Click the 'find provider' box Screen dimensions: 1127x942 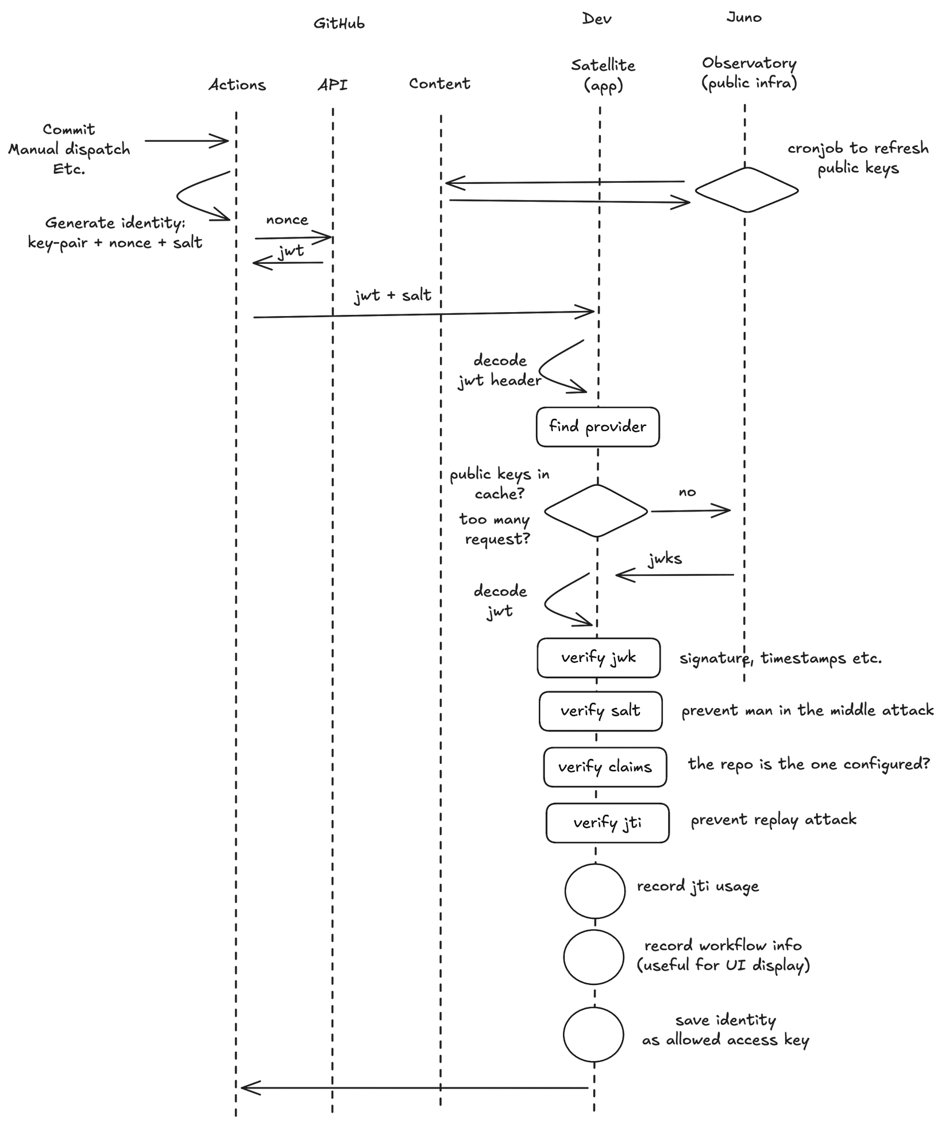pyautogui.click(x=597, y=427)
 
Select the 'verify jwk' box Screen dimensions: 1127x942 pyautogui.click(x=599, y=657)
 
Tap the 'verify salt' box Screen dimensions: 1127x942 pyautogui.click(x=600, y=711)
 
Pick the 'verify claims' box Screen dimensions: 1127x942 pyautogui.click(x=605, y=767)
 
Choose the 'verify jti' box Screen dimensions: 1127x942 pyautogui.click(x=607, y=823)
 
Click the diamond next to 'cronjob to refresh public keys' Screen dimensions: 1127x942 pyautogui.click(x=746, y=190)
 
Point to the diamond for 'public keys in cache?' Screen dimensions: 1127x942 pyautogui.click(x=596, y=510)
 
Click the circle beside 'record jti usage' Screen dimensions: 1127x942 pyautogui.click(x=594, y=890)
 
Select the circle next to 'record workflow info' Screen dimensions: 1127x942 pyautogui.click(x=593, y=957)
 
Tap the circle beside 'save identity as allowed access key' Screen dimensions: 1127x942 pyautogui.click(x=593, y=1034)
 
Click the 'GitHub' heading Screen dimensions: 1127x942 pyautogui.click(x=339, y=24)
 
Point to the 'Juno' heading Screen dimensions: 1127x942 pyautogui.click(x=744, y=18)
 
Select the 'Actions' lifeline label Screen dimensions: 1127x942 pyautogui.click(x=237, y=85)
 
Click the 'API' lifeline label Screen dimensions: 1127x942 pyautogui.click(x=333, y=85)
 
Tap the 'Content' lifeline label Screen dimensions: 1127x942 pyautogui.click(x=439, y=84)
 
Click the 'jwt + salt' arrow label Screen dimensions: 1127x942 pyautogui.click(x=393, y=295)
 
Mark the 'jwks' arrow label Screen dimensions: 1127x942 pyautogui.click(x=665, y=559)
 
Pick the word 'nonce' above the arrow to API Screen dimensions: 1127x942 pyautogui.click(x=287, y=220)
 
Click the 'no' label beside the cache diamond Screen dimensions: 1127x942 pyautogui.click(x=687, y=492)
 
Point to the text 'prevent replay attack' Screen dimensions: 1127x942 pyautogui.click(x=773, y=819)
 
